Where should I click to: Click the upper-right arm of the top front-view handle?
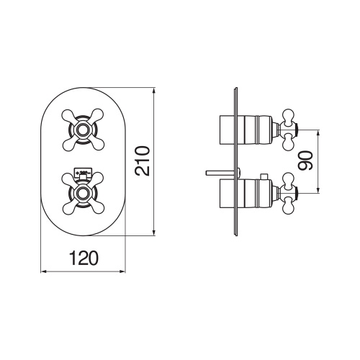click(x=98, y=117)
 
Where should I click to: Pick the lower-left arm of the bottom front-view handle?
click(x=69, y=207)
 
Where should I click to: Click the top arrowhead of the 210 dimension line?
click(x=153, y=91)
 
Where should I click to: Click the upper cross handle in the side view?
click(x=289, y=130)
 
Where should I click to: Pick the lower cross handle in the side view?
click(x=289, y=192)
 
